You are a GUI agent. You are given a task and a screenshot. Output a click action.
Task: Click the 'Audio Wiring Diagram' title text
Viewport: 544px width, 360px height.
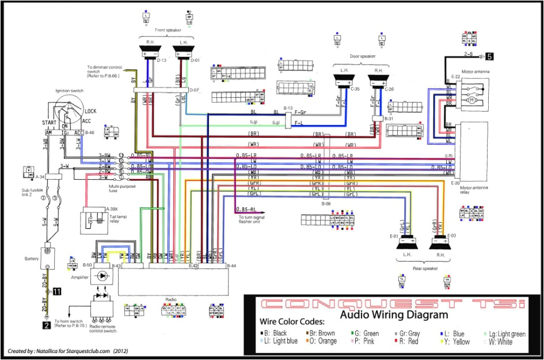coord(394,315)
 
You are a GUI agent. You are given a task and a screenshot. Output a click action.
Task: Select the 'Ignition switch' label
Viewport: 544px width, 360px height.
coord(69,91)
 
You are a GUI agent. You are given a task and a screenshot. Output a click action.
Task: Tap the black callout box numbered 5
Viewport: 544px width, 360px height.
coord(489,56)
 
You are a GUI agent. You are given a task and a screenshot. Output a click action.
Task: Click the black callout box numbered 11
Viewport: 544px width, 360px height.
coord(57,292)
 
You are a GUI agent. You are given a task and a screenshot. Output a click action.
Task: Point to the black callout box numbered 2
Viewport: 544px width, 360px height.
coord(45,325)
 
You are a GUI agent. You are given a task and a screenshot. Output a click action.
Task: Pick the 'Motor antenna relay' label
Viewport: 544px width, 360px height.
coord(474,190)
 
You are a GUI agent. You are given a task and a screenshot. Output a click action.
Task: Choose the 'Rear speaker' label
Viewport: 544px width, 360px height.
coord(425,268)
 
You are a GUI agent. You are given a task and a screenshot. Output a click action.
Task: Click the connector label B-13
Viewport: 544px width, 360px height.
coord(288,108)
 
